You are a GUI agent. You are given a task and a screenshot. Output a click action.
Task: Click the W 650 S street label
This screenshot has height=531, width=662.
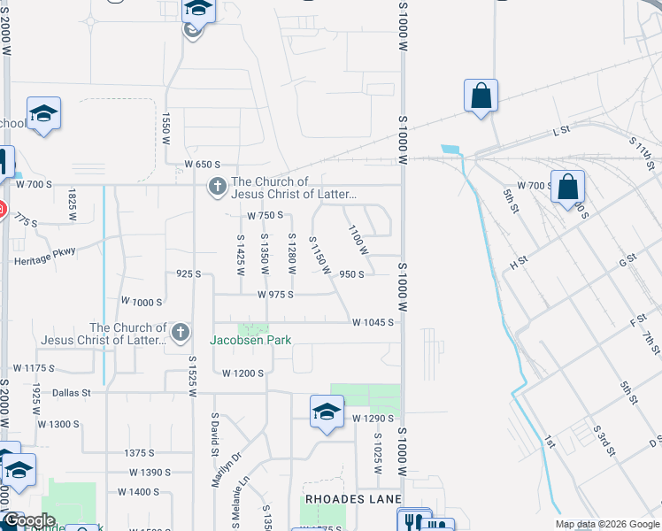202,165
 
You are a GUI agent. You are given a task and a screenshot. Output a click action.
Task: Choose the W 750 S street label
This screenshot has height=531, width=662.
265,215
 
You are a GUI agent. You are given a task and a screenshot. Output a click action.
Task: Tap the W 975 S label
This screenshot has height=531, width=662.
275,295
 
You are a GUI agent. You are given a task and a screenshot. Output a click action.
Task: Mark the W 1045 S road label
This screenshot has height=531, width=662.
372,323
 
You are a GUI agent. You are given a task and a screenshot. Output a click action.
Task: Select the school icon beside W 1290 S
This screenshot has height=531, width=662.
327,412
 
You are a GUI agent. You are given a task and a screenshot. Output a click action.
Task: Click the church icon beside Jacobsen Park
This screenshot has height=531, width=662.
180,333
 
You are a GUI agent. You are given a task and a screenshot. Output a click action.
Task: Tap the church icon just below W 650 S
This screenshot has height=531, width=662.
216,187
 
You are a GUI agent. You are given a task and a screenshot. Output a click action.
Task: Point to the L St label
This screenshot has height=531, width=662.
561,131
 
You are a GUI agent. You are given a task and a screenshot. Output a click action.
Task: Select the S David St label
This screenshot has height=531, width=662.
214,435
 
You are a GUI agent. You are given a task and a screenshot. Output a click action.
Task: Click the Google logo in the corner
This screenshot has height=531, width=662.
28,520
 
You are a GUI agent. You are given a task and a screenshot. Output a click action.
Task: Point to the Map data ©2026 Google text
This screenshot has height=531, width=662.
607,524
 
